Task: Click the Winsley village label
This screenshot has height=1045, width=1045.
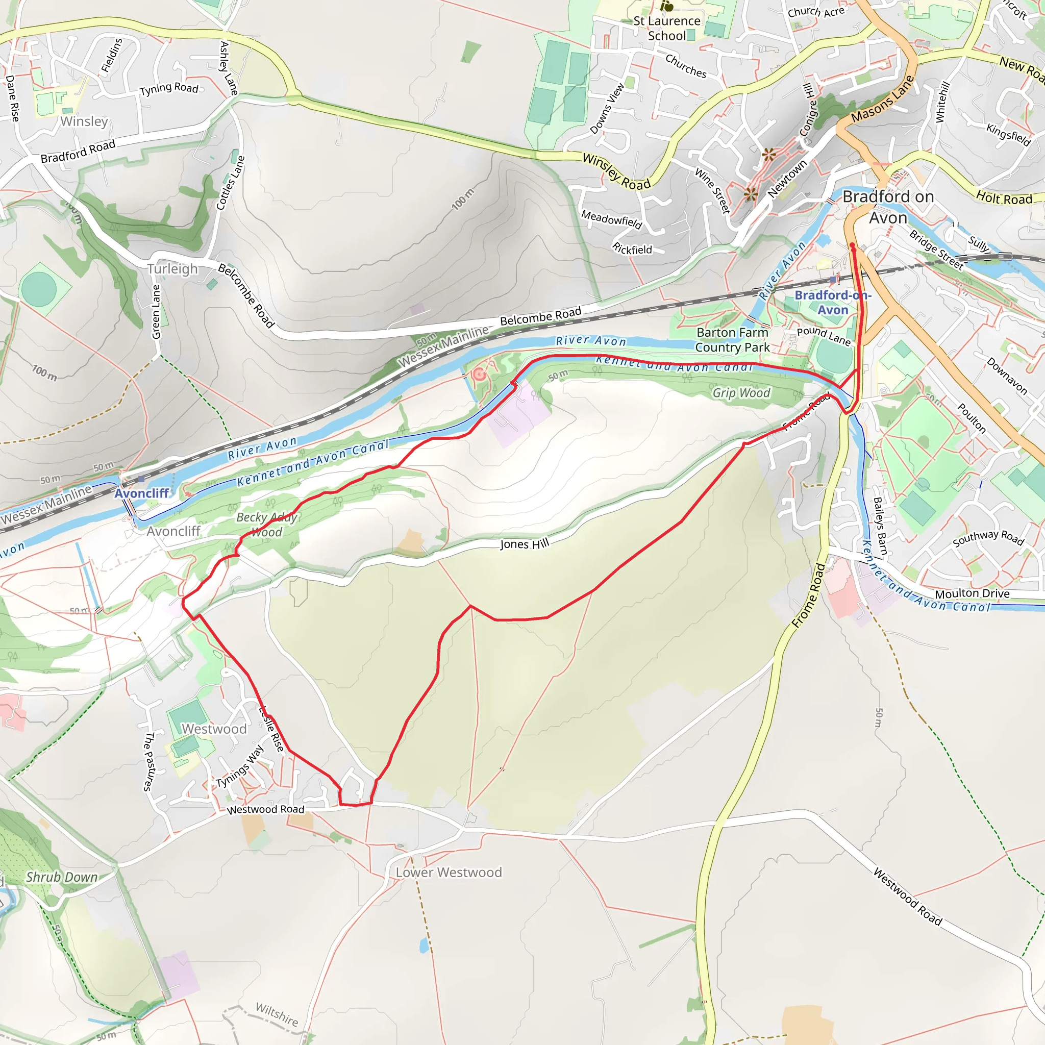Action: pyautogui.click(x=84, y=121)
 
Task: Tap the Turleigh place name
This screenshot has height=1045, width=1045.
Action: pyautogui.click(x=172, y=269)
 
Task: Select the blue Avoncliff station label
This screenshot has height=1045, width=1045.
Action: pyautogui.click(x=142, y=493)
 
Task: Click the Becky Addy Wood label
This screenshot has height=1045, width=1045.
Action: pyautogui.click(x=267, y=525)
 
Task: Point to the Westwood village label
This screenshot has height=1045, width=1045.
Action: pyautogui.click(x=214, y=729)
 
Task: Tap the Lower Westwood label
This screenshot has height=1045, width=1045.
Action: pyautogui.click(x=449, y=873)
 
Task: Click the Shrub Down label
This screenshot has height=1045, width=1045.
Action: pyautogui.click(x=62, y=877)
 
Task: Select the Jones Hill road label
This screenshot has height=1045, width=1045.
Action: pyautogui.click(x=524, y=543)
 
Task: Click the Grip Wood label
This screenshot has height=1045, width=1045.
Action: pyautogui.click(x=741, y=393)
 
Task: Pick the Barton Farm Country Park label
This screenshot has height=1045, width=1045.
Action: pyautogui.click(x=732, y=340)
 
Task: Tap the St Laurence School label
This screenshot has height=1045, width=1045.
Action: pyautogui.click(x=667, y=28)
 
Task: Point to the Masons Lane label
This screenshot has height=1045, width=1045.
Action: pyautogui.click(x=882, y=99)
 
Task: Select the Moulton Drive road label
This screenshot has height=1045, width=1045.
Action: pyautogui.click(x=972, y=594)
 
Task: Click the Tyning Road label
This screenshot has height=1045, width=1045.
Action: pyautogui.click(x=169, y=89)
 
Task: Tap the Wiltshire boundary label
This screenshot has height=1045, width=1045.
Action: pyautogui.click(x=277, y=1014)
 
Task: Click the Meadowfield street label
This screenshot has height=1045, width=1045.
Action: pyautogui.click(x=612, y=219)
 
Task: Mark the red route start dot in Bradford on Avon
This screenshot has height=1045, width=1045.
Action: pyautogui.click(x=853, y=245)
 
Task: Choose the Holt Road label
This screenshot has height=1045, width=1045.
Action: pyautogui.click(x=1004, y=198)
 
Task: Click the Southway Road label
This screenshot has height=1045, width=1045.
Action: pyautogui.click(x=988, y=538)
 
